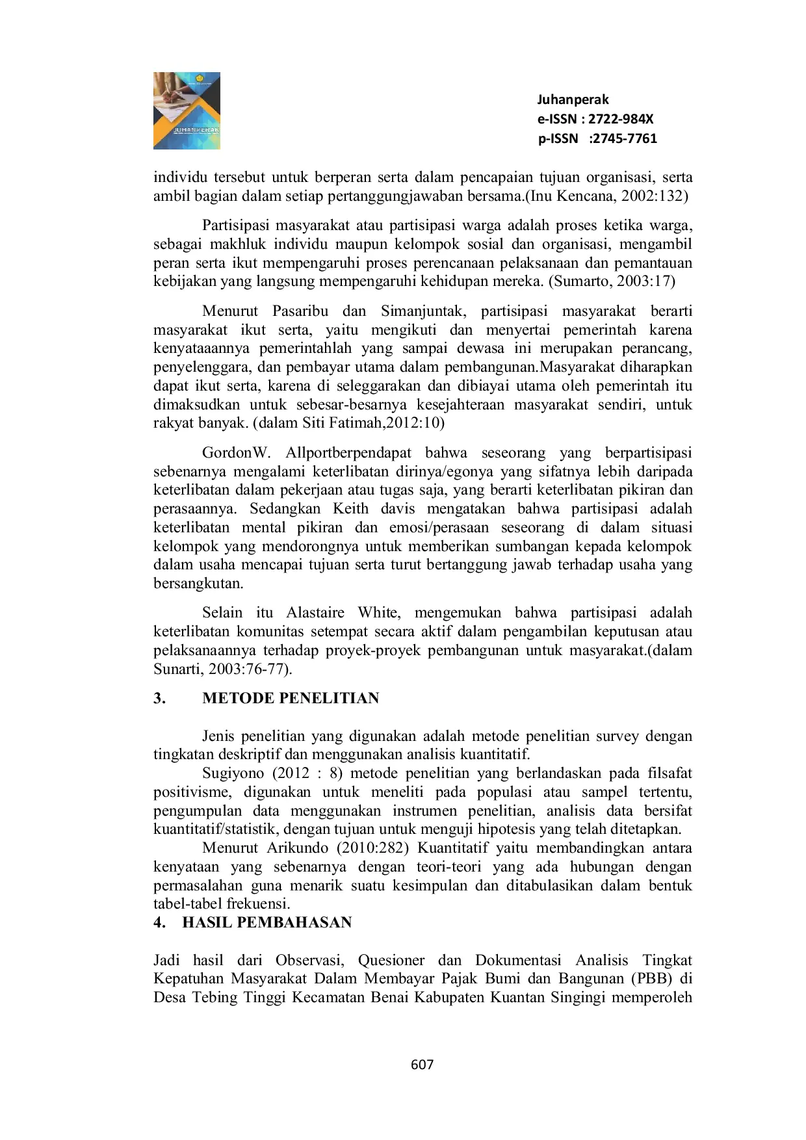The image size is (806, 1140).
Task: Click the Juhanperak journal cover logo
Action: [187, 110]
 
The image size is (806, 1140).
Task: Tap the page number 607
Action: [422, 1065]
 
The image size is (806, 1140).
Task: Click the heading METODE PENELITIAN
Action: [291, 698]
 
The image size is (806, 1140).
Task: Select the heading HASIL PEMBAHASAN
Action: [266, 922]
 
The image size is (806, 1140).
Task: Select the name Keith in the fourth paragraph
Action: [351, 509]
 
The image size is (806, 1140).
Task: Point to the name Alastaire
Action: [314, 613]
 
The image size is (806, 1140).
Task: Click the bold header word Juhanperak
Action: [573, 99]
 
